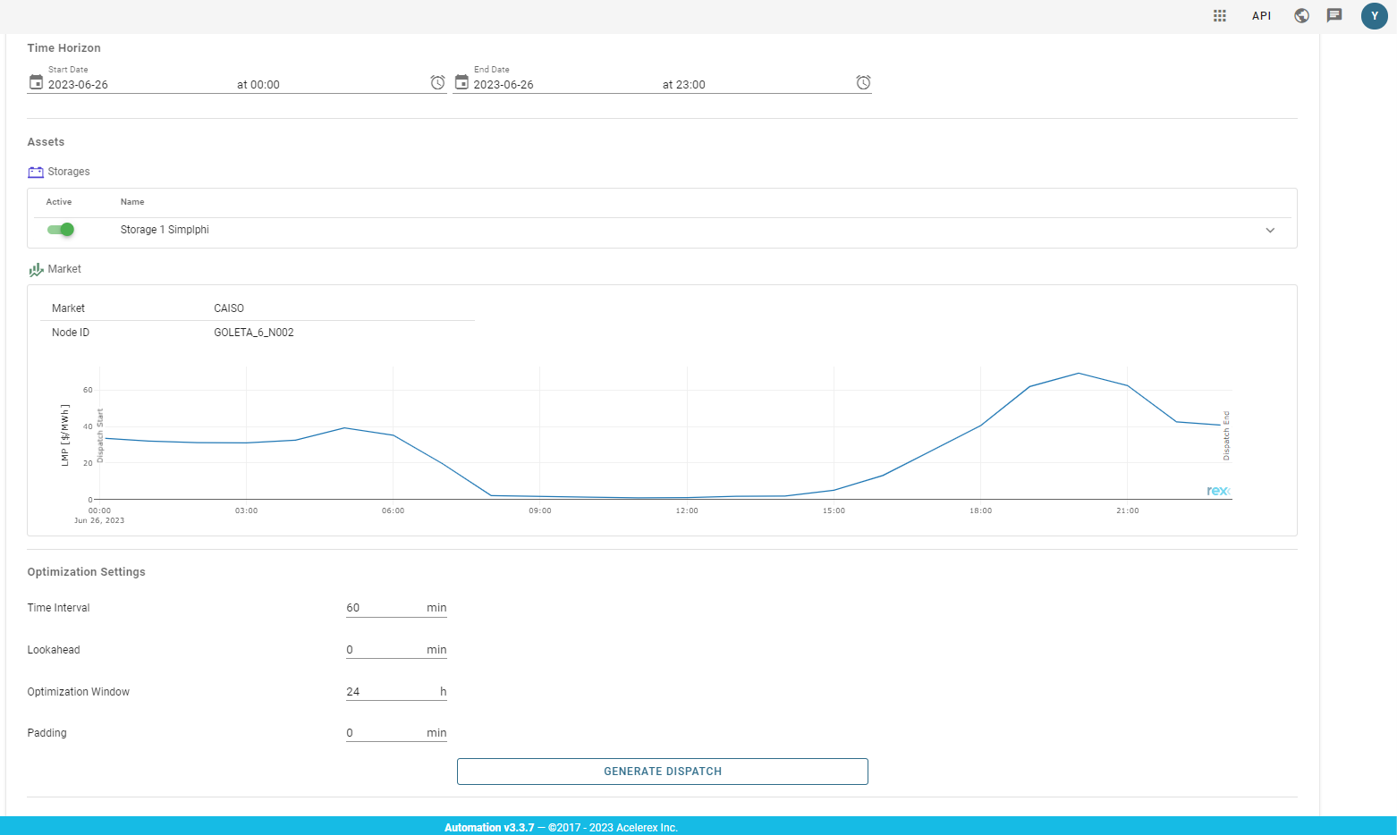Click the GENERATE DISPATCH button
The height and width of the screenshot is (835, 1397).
[662, 772]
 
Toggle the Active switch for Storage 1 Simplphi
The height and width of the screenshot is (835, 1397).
[61, 230]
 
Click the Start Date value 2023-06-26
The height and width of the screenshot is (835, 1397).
[79, 85]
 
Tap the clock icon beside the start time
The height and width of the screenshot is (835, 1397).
[437, 82]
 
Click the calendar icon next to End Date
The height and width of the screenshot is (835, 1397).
[461, 82]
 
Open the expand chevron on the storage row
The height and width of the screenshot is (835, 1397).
[1270, 231]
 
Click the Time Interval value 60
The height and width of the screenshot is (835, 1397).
[353, 608]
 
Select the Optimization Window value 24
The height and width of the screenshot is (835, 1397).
[353, 692]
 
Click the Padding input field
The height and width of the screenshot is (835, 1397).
[385, 733]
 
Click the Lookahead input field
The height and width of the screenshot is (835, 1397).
[385, 650]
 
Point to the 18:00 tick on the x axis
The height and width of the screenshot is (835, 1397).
[980, 510]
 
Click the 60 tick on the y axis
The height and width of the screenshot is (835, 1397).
[88, 390]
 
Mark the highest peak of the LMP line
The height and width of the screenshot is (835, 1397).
[1079, 373]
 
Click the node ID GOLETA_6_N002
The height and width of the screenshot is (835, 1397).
[254, 333]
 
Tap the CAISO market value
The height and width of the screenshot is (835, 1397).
[229, 308]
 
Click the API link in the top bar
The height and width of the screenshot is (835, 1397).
[1261, 16]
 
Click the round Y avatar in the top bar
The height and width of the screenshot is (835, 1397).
[1374, 16]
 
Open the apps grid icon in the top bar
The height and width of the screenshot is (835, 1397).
[1220, 16]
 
